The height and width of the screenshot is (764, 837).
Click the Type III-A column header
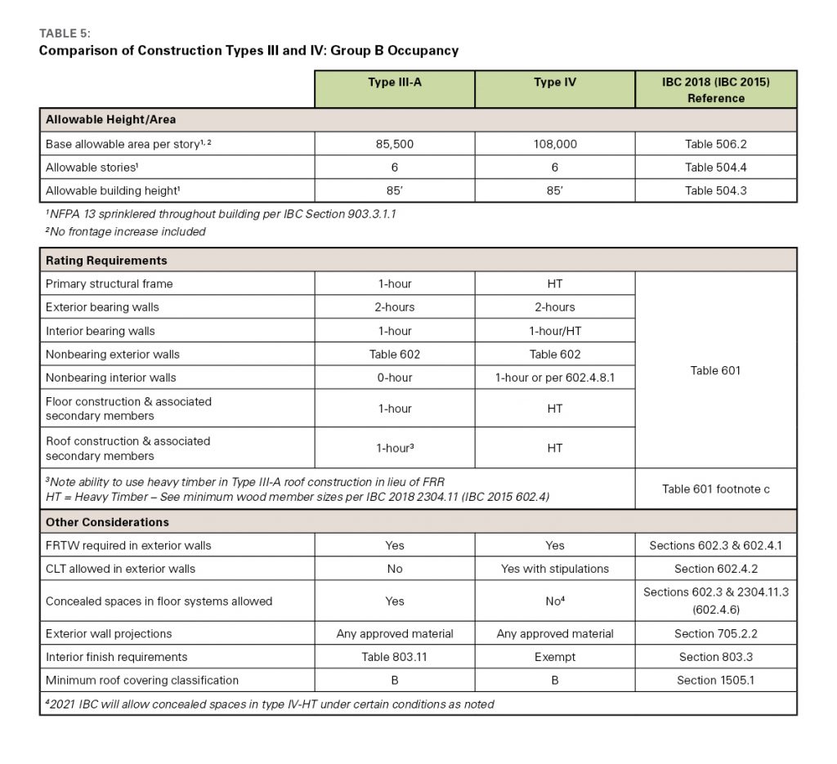[394, 83]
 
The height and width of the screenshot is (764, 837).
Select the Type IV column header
[554, 83]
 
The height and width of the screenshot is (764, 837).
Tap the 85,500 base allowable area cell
[394, 144]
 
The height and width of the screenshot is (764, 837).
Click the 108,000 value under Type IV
[554, 144]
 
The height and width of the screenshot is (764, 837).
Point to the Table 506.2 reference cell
[716, 144]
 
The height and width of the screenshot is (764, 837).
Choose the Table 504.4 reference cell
[716, 168]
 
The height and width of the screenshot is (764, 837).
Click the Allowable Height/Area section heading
[110, 120]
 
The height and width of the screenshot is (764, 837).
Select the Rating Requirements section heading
[106, 261]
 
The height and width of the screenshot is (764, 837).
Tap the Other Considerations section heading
[107, 522]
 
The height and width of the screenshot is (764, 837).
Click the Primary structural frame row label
[109, 284]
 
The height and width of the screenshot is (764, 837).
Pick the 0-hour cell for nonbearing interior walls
[394, 378]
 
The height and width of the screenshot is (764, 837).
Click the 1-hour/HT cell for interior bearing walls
[554, 331]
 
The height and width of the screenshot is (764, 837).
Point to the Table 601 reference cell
[716, 370]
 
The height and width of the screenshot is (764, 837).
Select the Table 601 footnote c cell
[716, 489]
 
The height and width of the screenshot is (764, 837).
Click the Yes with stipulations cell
[554, 569]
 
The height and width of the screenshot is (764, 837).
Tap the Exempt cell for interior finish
[554, 657]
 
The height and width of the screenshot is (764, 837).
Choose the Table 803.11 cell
[394, 657]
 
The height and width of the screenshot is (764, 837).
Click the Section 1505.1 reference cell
[716, 680]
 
